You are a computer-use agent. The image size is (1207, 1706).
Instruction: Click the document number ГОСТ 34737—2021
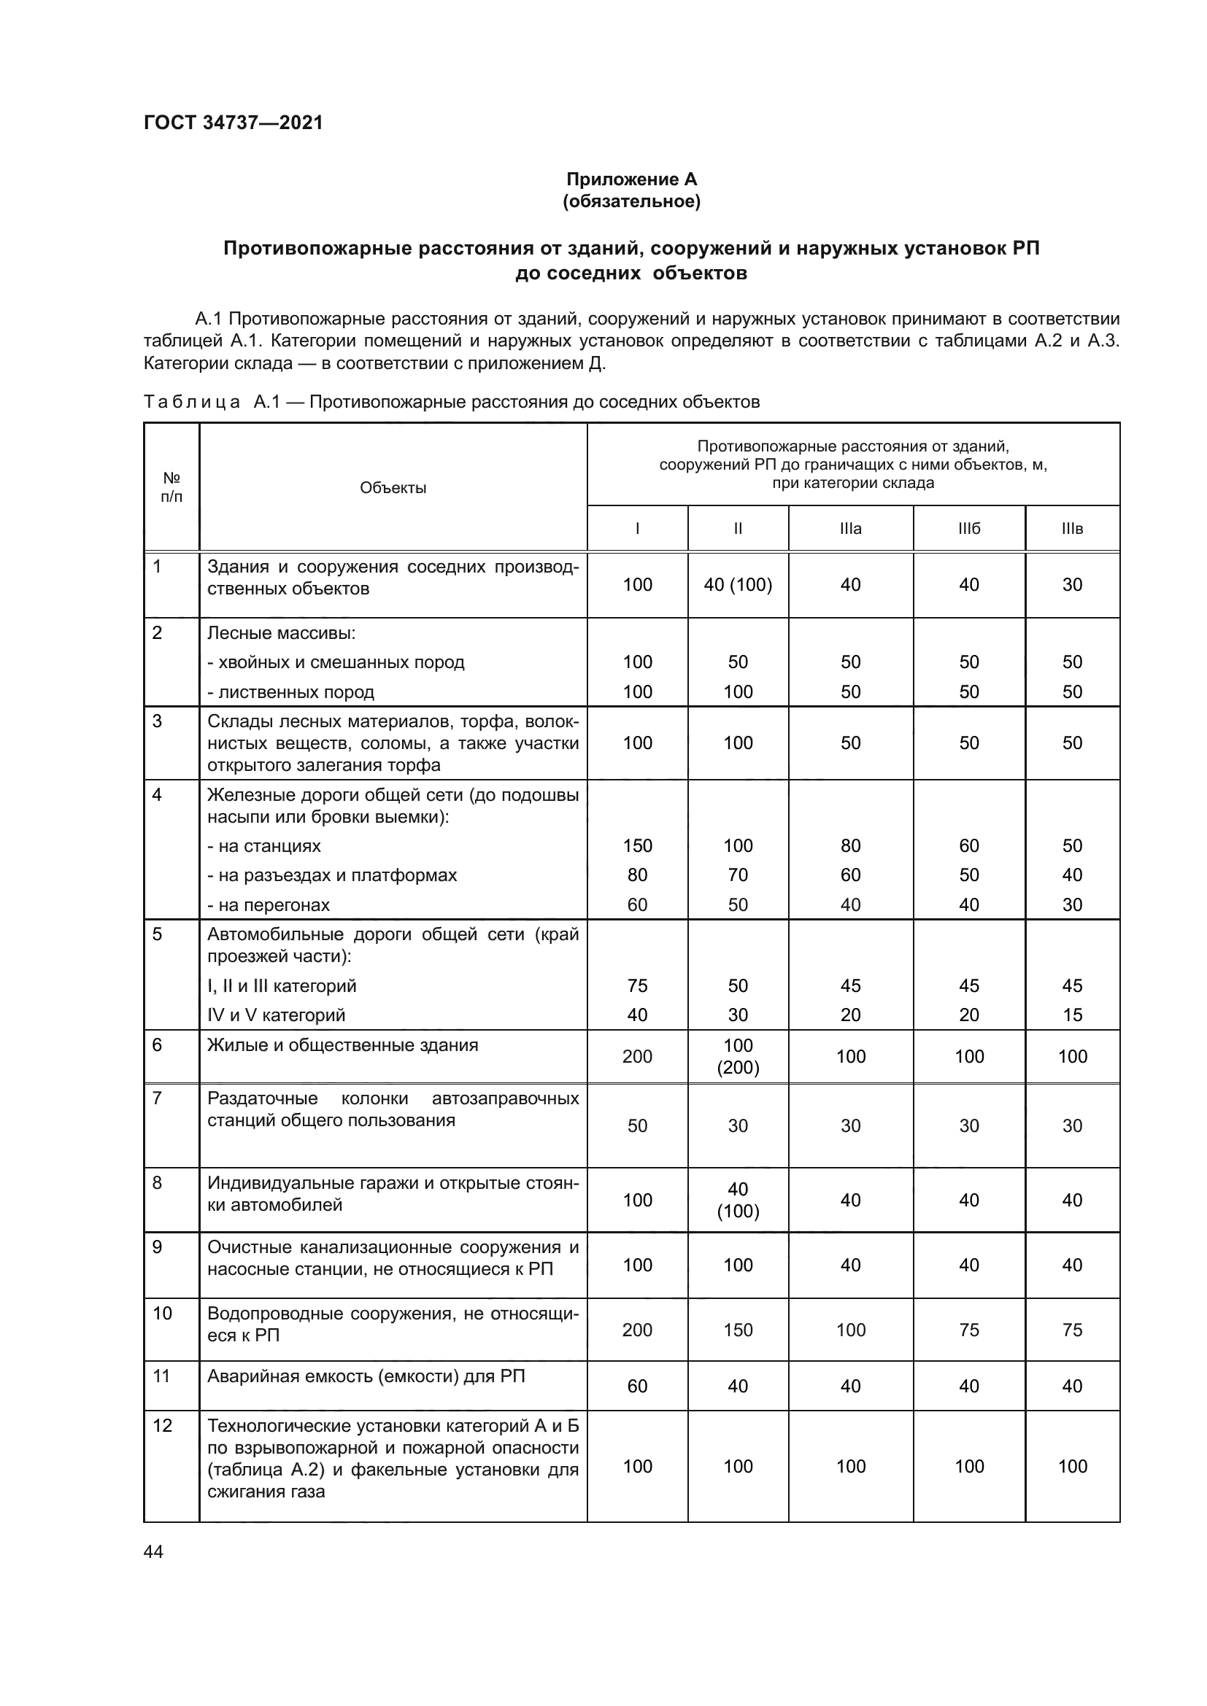pyautogui.click(x=234, y=123)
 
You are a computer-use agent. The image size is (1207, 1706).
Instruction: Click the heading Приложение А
pyautogui.click(x=631, y=179)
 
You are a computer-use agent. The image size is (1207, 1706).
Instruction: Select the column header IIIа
pyautogui.click(x=850, y=528)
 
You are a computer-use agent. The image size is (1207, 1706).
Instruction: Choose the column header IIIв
pyautogui.click(x=1072, y=528)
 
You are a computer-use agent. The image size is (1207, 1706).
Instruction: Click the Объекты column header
pyautogui.click(x=393, y=488)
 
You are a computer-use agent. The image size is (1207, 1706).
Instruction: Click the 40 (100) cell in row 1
pyautogui.click(x=737, y=585)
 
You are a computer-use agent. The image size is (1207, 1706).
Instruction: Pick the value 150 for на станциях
pyautogui.click(x=637, y=845)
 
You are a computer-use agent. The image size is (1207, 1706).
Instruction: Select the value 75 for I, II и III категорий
pyautogui.click(x=637, y=985)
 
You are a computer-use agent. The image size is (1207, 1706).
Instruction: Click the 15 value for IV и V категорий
pyautogui.click(x=1072, y=1015)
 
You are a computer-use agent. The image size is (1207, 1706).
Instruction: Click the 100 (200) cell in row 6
pyautogui.click(x=737, y=1057)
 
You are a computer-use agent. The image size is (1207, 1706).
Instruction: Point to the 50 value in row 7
pyautogui.click(x=637, y=1125)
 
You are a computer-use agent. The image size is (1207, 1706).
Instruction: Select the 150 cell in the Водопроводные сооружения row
pyautogui.click(x=737, y=1330)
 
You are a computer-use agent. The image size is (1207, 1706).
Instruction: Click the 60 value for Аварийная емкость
pyautogui.click(x=637, y=1386)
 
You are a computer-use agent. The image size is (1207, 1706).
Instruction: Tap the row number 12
pyautogui.click(x=162, y=1426)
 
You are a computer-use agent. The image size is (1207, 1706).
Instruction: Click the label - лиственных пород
pyautogui.click(x=290, y=691)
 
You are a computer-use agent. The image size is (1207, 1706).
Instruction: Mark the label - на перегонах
pyautogui.click(x=269, y=905)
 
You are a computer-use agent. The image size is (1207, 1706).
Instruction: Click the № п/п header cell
pyautogui.click(x=171, y=487)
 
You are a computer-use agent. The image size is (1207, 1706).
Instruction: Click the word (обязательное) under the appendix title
pyautogui.click(x=631, y=201)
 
